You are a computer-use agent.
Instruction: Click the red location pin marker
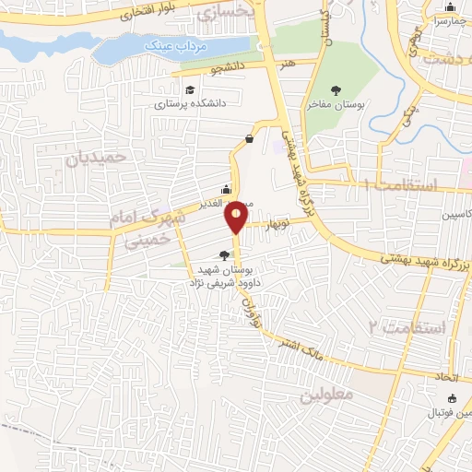pyautogui.click(x=237, y=216)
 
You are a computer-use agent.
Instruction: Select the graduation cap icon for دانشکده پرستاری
pyautogui.click(x=190, y=90)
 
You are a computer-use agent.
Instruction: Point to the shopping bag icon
pyautogui.click(x=249, y=139)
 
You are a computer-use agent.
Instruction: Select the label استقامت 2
pyautogui.click(x=407, y=328)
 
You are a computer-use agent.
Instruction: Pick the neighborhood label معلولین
pyautogui.click(x=326, y=395)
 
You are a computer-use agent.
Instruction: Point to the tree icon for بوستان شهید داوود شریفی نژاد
pyautogui.click(x=224, y=256)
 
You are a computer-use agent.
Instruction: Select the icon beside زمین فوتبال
pyautogui.click(x=452, y=398)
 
